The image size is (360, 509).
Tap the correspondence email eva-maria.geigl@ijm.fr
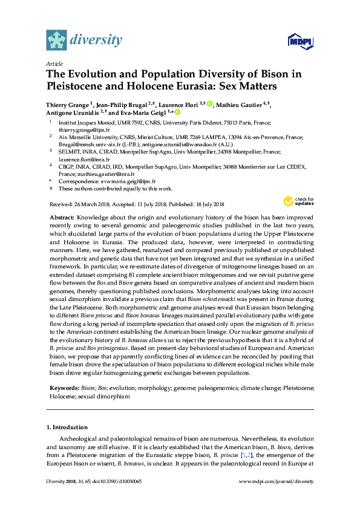(x=128, y=181)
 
